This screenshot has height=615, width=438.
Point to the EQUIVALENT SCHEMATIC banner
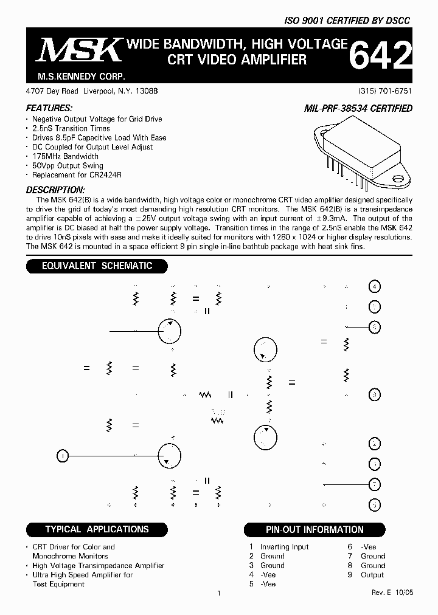(x=96, y=266)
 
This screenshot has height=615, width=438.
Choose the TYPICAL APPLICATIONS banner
(x=97, y=529)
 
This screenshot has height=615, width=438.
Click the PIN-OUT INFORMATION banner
(x=315, y=529)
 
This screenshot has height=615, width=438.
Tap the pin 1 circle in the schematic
(x=63, y=455)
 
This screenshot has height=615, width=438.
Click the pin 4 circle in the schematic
(x=375, y=286)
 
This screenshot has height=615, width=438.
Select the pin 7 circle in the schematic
(x=375, y=484)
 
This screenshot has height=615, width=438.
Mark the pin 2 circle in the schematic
(x=375, y=444)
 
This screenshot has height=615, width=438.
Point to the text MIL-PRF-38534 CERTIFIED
(x=358, y=108)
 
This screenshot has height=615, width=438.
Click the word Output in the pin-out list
(x=372, y=575)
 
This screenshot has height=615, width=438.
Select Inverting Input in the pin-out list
(x=284, y=547)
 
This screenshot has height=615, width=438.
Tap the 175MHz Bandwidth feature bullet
(x=65, y=156)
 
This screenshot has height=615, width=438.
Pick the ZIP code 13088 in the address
(x=147, y=91)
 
